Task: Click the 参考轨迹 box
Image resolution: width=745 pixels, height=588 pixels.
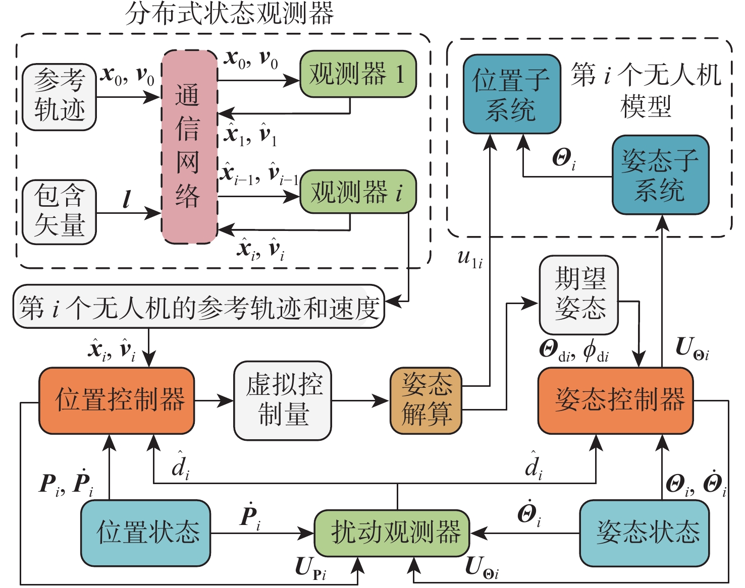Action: click(x=60, y=97)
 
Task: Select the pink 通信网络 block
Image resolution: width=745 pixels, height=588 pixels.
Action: click(x=189, y=147)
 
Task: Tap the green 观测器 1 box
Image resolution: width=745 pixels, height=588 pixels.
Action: click(x=358, y=74)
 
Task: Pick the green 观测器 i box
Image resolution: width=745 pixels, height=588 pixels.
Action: click(x=358, y=192)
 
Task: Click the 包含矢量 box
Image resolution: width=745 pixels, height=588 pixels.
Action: click(x=60, y=212)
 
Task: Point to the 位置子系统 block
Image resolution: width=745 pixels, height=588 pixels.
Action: click(x=512, y=94)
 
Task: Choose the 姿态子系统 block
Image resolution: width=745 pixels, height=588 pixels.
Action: click(x=660, y=174)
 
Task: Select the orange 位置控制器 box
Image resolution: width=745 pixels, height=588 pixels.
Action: click(x=117, y=400)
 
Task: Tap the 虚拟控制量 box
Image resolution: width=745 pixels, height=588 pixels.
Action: click(x=283, y=400)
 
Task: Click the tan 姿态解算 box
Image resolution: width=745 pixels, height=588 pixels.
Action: click(x=426, y=400)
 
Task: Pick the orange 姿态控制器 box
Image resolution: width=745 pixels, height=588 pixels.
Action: click(x=615, y=400)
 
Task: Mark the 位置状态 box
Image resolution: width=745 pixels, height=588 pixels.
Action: click(x=146, y=533)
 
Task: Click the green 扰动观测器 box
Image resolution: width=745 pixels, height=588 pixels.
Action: click(x=392, y=533)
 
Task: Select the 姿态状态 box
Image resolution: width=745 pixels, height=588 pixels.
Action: click(x=645, y=533)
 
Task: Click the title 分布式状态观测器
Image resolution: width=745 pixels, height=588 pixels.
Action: click(x=230, y=14)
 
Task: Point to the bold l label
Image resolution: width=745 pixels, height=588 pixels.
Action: click(x=127, y=199)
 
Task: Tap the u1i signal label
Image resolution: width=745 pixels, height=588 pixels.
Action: click(x=470, y=258)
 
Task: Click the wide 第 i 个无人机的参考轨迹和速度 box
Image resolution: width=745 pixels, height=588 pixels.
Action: click(x=199, y=307)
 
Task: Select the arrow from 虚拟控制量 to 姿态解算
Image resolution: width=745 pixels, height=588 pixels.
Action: click(x=360, y=401)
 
